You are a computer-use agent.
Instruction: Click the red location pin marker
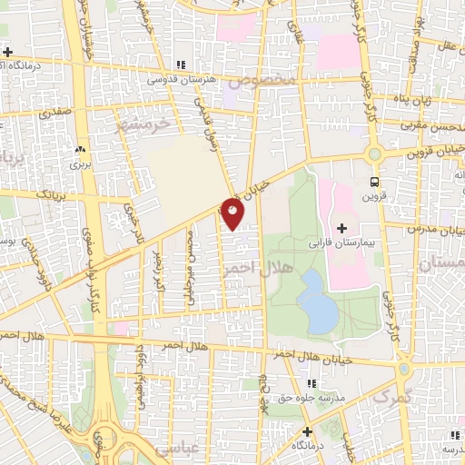click(232, 213)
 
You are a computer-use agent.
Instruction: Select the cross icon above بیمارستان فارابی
click(342, 227)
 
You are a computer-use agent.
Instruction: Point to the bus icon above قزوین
click(375, 180)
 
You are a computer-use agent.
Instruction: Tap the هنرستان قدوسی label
click(181, 81)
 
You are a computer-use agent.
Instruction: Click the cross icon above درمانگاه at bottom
click(307, 430)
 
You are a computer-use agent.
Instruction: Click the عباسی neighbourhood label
click(175, 449)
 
